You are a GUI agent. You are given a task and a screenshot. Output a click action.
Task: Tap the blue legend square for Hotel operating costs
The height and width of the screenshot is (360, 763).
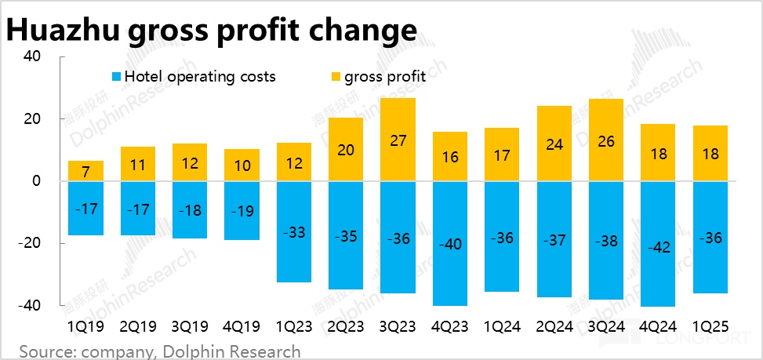[116, 77]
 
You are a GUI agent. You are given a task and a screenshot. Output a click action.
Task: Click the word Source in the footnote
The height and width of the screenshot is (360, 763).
[45, 351]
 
